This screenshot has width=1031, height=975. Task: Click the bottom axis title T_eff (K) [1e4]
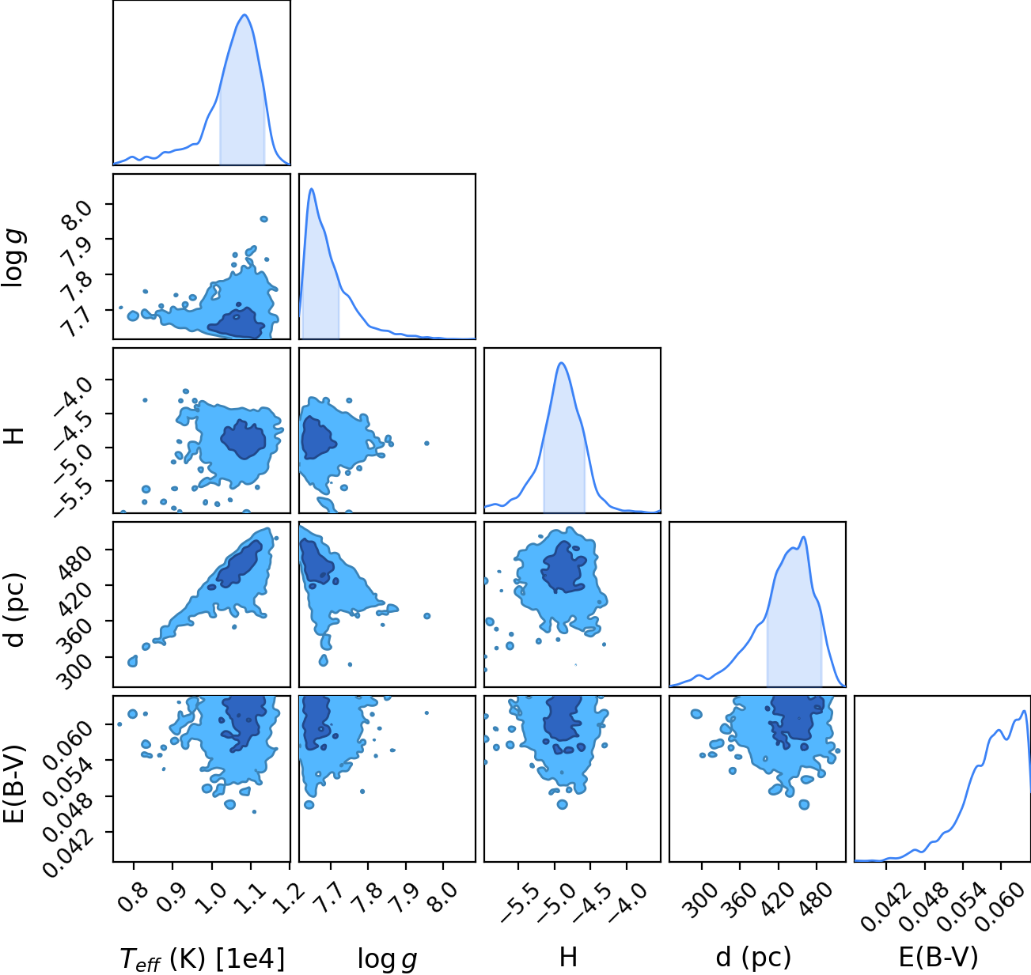(x=203, y=958)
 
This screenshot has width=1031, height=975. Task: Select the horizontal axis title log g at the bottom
(x=387, y=959)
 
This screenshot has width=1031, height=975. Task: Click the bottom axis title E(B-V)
(x=938, y=957)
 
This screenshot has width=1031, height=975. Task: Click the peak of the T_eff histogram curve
(x=244, y=14)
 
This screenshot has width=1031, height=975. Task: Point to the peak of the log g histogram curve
(x=312, y=189)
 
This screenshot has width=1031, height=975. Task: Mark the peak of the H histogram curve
(x=562, y=363)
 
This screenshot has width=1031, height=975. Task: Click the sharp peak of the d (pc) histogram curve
(x=803, y=537)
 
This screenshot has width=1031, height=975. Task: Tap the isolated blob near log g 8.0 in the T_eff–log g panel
(x=263, y=219)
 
